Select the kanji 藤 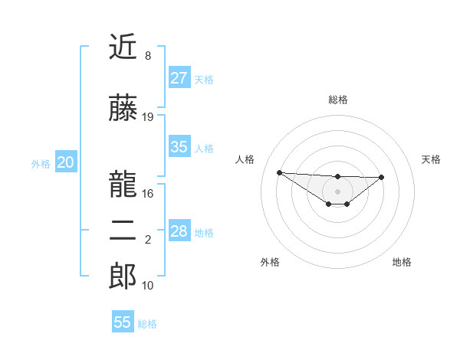pos(123,109)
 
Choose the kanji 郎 pos(123,277)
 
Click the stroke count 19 pos(148,117)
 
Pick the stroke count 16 pos(148,194)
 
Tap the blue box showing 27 pos(179,78)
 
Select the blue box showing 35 pos(179,147)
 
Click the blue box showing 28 pos(179,231)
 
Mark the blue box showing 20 pos(66,162)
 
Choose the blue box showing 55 pos(123,322)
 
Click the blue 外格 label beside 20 pos(41,163)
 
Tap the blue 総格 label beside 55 pos(147,323)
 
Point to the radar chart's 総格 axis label pos(337,100)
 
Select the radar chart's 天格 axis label pos(431,159)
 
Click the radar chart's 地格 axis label pos(402,262)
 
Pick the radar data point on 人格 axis pos(279,172)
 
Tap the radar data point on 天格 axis pos(382,177)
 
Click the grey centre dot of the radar pos(337,191)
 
